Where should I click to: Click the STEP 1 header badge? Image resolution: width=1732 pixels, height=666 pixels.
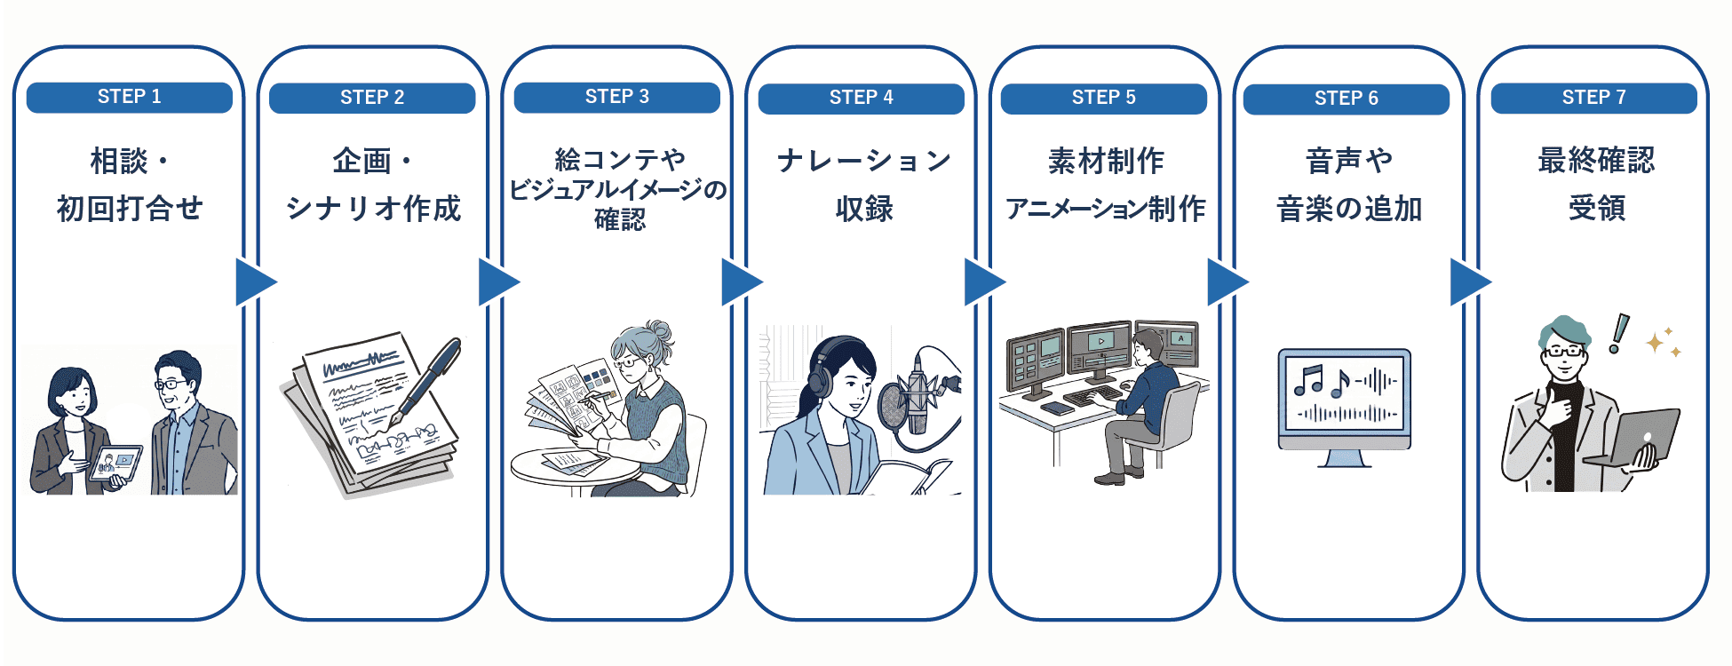[x=130, y=97]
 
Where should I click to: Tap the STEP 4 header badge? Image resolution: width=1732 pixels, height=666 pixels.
[x=861, y=98]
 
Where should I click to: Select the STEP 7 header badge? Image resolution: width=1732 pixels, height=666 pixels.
[x=1594, y=98]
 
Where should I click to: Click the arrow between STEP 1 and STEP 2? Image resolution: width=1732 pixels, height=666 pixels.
[x=256, y=282]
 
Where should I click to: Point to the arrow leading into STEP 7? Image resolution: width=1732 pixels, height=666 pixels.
[x=1470, y=282]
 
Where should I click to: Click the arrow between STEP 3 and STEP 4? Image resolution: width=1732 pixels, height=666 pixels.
[x=742, y=282]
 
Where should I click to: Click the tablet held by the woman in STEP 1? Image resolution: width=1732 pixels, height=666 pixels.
[x=115, y=463]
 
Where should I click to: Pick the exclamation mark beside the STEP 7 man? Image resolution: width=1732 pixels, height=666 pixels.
[x=1619, y=333]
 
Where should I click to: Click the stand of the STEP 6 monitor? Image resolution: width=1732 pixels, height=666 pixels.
[x=1344, y=458]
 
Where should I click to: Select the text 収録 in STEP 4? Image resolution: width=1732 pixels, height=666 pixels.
[x=863, y=209]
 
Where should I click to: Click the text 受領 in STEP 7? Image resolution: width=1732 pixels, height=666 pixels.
[x=1596, y=209]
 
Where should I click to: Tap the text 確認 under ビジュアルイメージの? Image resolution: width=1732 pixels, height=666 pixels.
[x=619, y=219]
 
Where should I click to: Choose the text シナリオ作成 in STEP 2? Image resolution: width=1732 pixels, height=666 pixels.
[x=373, y=209]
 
